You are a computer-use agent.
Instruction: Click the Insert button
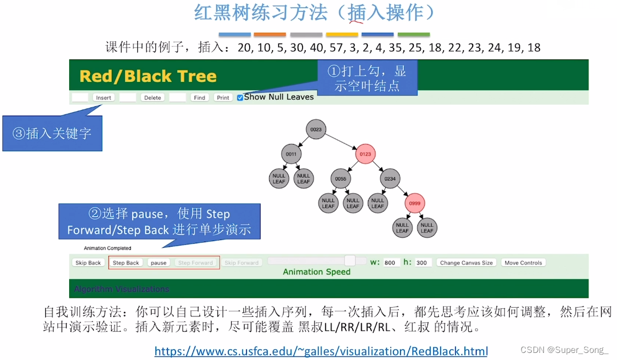(104, 98)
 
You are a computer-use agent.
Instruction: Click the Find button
(199, 98)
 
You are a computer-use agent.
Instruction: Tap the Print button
(223, 98)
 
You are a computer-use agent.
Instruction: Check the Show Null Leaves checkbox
(240, 98)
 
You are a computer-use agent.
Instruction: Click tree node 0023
(316, 130)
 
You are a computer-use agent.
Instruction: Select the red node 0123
(365, 154)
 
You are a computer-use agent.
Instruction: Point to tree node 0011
(292, 154)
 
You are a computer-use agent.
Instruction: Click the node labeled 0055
(341, 178)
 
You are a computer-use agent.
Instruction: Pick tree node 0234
(390, 178)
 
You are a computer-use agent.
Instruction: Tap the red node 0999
(414, 203)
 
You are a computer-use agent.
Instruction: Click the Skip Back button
(88, 263)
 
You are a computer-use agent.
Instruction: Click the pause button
(159, 263)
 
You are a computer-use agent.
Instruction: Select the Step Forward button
(195, 263)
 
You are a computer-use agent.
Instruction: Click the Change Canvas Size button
(466, 263)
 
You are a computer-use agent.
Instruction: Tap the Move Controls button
(523, 263)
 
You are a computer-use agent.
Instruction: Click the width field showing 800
(391, 263)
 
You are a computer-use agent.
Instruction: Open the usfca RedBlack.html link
(321, 351)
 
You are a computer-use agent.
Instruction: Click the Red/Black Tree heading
(148, 76)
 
